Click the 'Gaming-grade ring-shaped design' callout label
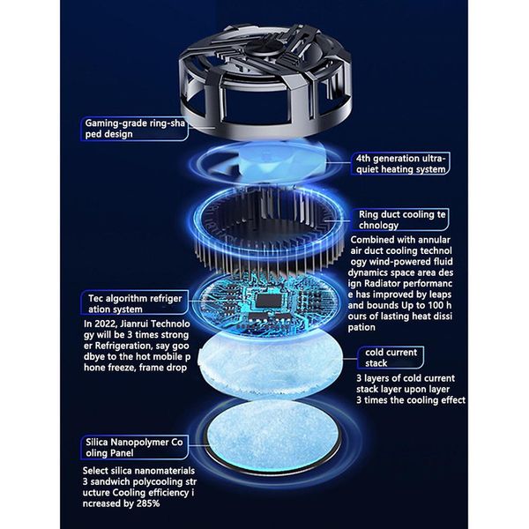[x=134, y=129]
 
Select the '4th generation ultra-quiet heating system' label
[x=400, y=164]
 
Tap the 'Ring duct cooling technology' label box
[x=400, y=220]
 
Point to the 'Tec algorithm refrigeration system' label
[x=134, y=303]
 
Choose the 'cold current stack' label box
[x=391, y=358]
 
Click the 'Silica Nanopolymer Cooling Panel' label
[x=134, y=447]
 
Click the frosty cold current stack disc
[x=270, y=364]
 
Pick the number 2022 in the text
[x=105, y=324]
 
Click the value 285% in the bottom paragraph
[x=148, y=503]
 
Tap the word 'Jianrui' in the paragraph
[x=134, y=324]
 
